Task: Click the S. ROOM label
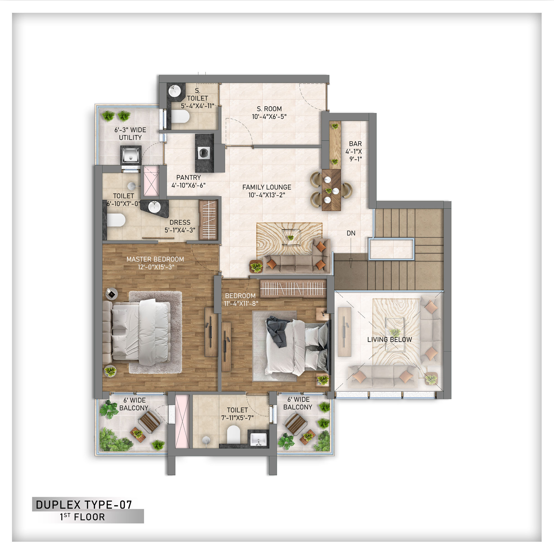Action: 269,109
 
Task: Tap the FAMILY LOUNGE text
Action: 267,187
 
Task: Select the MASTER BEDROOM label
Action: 155,259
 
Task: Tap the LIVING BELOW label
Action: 389,340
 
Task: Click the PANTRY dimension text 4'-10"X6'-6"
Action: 188,185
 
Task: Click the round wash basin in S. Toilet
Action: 174,91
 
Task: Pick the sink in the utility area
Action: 130,155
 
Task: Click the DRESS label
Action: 180,222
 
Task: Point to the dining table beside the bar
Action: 331,190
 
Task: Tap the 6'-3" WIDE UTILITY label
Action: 130,134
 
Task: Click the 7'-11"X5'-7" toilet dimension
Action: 237,418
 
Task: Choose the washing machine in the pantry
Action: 204,153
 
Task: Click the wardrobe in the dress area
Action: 209,220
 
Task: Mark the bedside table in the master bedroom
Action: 112,294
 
